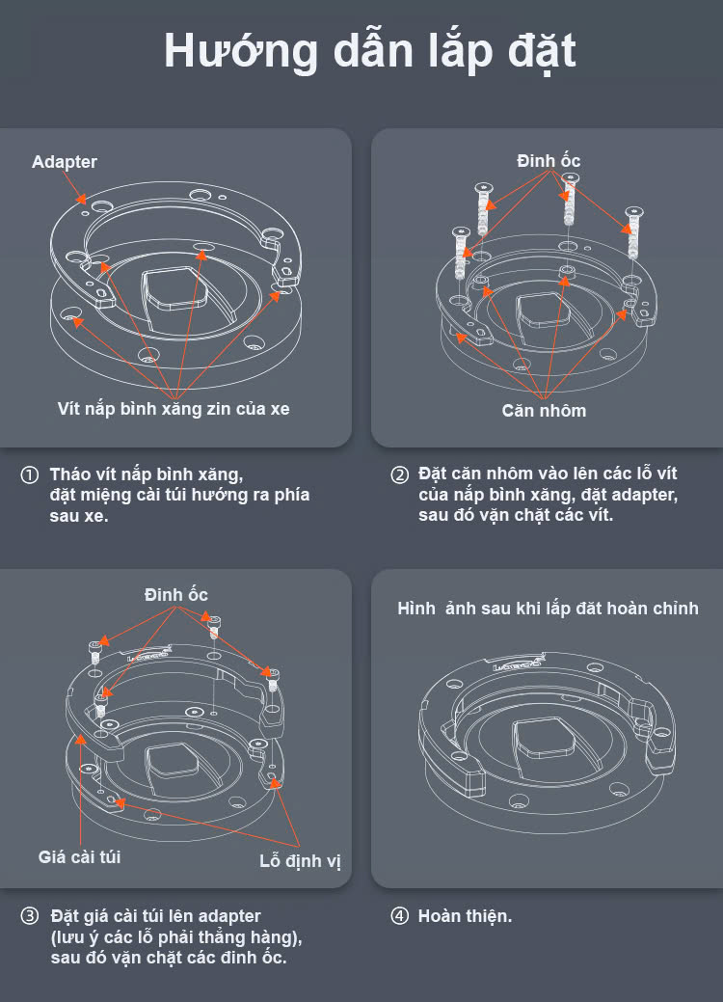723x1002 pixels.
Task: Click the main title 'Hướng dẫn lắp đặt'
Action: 369,50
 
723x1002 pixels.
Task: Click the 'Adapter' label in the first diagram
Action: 65,162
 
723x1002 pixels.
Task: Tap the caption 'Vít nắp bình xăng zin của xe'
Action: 173,408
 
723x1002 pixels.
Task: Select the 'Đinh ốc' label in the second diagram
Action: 549,161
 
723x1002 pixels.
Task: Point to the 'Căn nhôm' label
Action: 544,410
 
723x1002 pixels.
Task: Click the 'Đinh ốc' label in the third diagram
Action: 176,594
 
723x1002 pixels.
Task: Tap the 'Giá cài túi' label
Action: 79,855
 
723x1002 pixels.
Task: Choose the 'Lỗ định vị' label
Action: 300,860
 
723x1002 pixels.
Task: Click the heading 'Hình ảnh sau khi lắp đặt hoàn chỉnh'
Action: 548,609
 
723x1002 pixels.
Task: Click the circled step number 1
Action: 30,475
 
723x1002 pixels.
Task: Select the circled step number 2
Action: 399,475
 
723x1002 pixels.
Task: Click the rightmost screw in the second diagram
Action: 633,231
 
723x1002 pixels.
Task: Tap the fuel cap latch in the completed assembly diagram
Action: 545,743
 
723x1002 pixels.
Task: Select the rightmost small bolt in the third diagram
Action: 271,678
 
